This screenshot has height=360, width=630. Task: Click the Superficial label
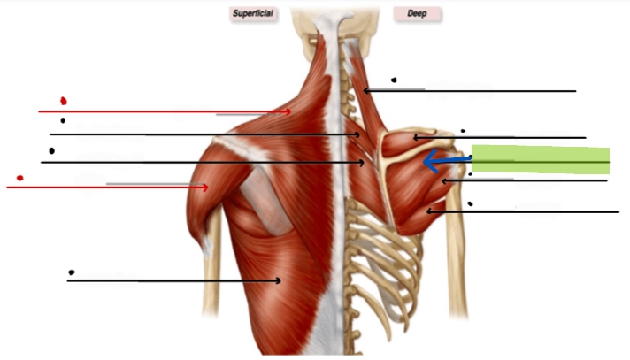(253, 13)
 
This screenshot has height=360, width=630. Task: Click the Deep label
(417, 13)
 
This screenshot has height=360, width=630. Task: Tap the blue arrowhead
(430, 161)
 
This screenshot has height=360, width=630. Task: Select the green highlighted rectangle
(541, 159)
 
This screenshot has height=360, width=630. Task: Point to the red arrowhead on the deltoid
(205, 187)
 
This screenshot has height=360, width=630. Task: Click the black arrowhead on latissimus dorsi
(278, 280)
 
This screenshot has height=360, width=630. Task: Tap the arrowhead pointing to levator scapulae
(366, 91)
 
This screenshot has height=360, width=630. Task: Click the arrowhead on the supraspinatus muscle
(416, 138)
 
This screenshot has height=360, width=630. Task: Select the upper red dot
(63, 101)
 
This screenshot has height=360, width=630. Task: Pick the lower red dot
(19, 178)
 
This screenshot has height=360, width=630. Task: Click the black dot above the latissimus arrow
(72, 272)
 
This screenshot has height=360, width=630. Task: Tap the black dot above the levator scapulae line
(394, 80)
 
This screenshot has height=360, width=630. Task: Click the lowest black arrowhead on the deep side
(429, 211)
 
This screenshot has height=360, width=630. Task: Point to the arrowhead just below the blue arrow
(445, 181)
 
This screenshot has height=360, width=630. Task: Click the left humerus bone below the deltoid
(211, 273)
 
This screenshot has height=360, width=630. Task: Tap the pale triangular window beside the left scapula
(266, 201)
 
